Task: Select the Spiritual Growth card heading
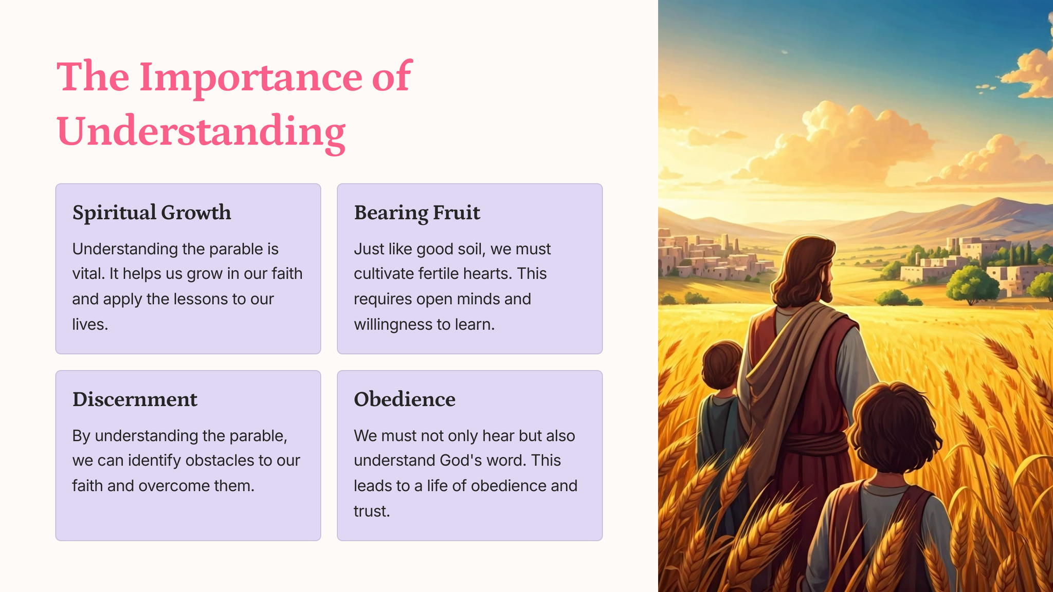pyautogui.click(x=152, y=213)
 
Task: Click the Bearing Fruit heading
pyautogui.click(x=417, y=213)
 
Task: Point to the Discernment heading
pyautogui.click(x=135, y=399)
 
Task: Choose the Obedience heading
pyautogui.click(x=405, y=399)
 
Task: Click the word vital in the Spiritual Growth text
pyautogui.click(x=88, y=273)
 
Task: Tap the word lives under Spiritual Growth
pyautogui.click(x=90, y=324)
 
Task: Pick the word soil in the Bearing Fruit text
pyautogui.click(x=469, y=249)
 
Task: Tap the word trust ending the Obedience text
pyautogui.click(x=372, y=511)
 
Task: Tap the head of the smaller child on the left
pyautogui.click(x=722, y=364)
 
